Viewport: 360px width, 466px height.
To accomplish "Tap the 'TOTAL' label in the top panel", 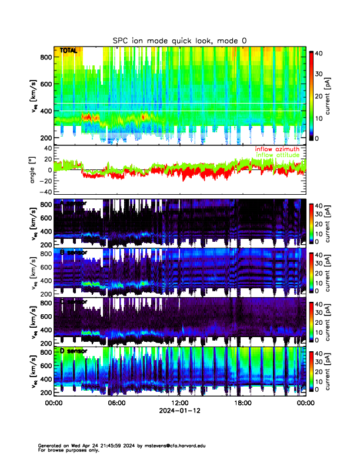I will (x=69, y=51).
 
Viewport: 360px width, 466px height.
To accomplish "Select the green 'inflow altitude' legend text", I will (x=277, y=155).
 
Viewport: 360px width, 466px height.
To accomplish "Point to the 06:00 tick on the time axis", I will (x=116, y=403).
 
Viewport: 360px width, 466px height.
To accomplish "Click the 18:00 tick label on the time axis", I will (x=242, y=403).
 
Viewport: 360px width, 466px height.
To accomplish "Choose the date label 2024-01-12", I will (x=179, y=410).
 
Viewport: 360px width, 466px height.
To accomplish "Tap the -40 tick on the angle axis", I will (x=45, y=192).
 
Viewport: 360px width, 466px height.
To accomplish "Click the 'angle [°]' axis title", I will (x=34, y=170).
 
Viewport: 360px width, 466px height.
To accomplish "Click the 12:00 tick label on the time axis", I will (x=179, y=403).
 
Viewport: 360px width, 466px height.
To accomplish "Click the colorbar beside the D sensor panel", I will (x=311, y=371).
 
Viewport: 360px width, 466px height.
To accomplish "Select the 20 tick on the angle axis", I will (x=46, y=159).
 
